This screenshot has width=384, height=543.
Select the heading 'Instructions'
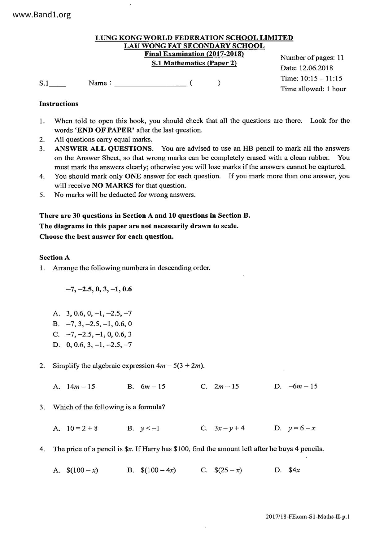coord(59,104)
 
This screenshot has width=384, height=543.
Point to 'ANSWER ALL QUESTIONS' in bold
coord(104,149)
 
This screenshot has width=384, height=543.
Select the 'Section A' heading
coord(55,258)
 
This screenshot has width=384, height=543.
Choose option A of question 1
coord(99,313)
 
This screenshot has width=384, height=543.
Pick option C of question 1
coord(99,334)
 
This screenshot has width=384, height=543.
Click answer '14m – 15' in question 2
coord(81,386)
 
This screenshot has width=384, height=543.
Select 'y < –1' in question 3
coord(150,428)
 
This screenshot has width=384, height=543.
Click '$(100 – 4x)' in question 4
coord(158,470)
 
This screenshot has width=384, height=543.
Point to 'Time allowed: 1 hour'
coord(313,89)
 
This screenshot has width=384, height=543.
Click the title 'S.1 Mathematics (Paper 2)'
coord(194,63)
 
